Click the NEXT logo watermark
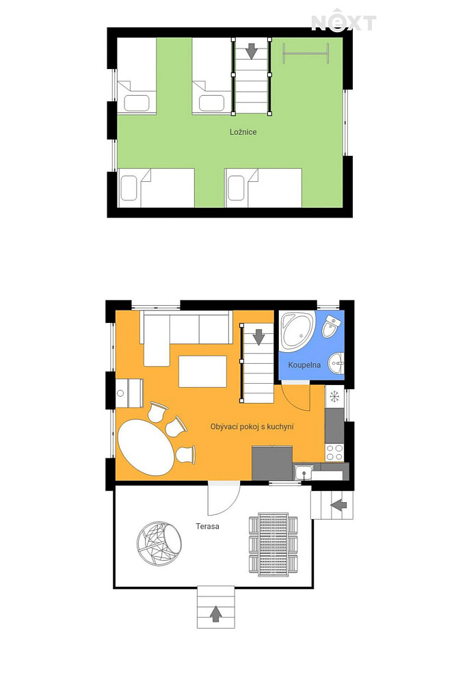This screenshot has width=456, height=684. click(343, 21)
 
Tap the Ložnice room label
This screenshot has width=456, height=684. click(243, 132)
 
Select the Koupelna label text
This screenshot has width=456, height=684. click(304, 365)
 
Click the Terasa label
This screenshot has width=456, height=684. click(208, 526)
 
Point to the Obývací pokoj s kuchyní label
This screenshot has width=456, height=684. click(252, 427)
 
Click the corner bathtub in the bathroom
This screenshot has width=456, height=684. click(297, 330)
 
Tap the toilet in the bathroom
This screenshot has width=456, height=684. click(331, 326)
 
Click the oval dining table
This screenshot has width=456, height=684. click(145, 447)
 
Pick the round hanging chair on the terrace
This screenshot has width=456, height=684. click(159, 544)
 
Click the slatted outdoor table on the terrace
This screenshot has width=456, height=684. click(273, 545)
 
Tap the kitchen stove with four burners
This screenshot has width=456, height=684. click(334, 452)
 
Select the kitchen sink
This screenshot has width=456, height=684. click(303, 473)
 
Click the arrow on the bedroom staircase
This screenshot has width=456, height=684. click(251, 51)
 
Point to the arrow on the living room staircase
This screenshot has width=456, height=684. click(259, 337)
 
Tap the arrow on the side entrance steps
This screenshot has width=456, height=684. click(338, 505)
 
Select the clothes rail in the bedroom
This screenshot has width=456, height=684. click(306, 53)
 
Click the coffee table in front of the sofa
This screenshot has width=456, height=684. click(203, 371)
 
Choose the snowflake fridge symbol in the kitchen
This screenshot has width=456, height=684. click(334, 396)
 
